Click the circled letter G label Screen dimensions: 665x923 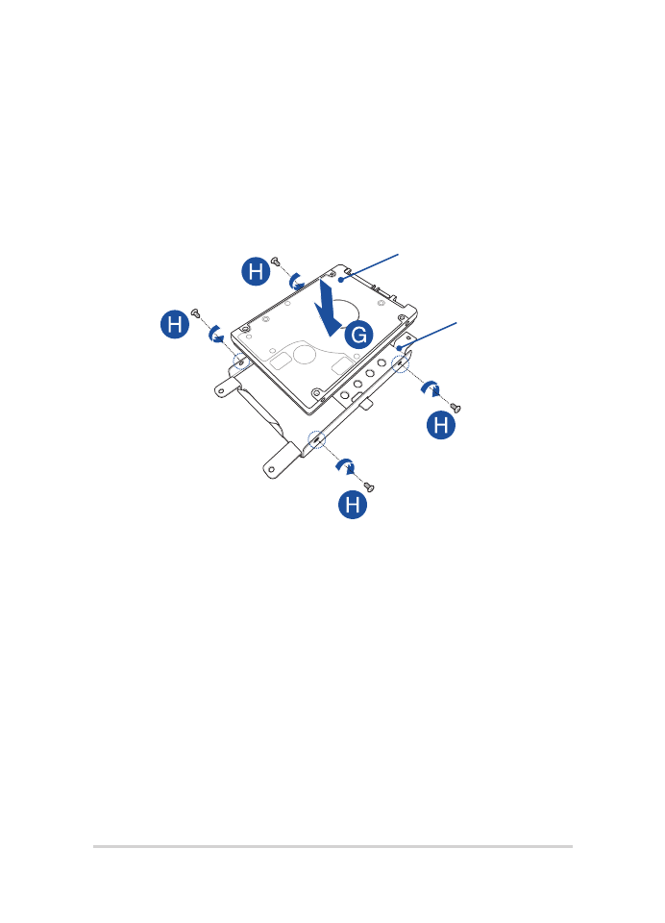point(358,335)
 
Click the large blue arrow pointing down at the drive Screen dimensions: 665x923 point(327,310)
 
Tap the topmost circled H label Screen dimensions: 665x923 point(256,271)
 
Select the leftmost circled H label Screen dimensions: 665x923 point(175,324)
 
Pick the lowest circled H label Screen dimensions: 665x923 point(353,505)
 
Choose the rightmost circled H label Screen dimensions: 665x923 point(441,424)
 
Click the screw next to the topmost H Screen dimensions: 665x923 point(276,262)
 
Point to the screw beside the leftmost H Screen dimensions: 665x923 point(196,312)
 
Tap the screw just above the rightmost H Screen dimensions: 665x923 point(455,408)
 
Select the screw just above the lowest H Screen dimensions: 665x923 point(369,486)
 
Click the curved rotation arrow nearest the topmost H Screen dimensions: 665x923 point(297,280)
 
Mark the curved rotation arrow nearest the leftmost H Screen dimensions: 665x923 point(216,333)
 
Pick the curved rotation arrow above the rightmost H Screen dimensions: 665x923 point(431,387)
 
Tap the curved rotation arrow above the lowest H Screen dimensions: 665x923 point(346,466)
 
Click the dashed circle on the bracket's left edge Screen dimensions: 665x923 point(241,362)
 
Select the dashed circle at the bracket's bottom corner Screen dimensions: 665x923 point(316,439)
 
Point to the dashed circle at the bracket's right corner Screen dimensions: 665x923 point(400,363)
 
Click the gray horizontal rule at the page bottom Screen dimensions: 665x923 point(332,846)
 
